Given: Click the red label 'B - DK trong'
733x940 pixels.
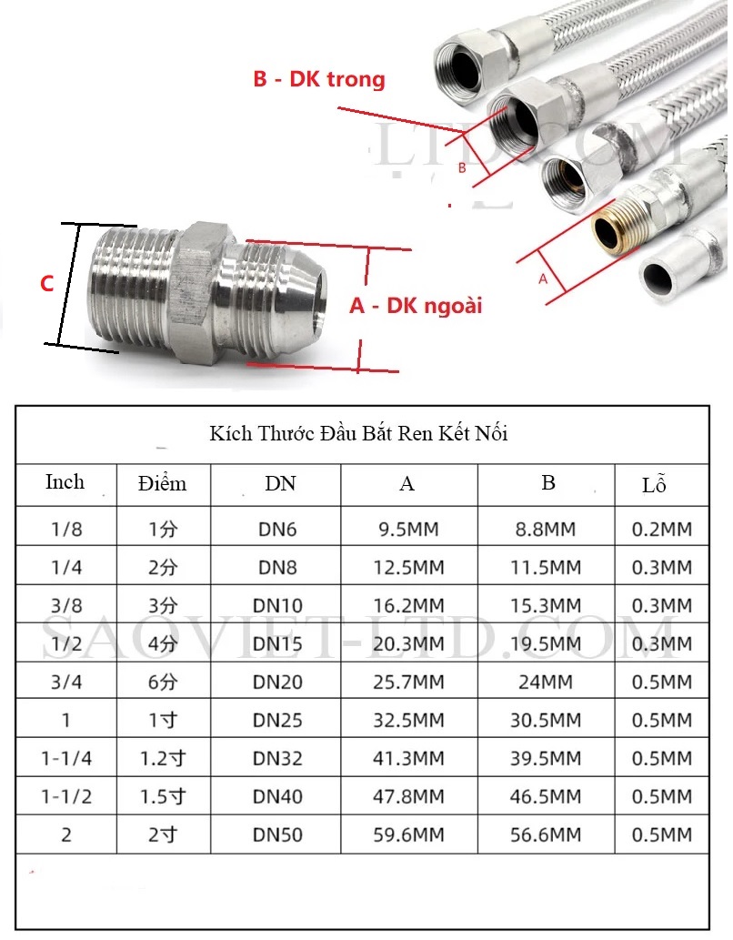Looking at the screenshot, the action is pos(319,79).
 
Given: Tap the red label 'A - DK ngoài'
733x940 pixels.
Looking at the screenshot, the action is pos(416,306).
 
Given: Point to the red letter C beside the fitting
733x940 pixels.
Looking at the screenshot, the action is pos(46,284).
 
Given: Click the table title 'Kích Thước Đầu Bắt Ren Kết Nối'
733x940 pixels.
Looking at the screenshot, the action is pos(358,433).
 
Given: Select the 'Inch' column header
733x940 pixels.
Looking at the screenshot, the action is pos(65,482).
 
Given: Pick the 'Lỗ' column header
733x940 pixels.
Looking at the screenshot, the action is pos(654,484).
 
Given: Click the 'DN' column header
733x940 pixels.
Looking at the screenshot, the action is pos(280,483).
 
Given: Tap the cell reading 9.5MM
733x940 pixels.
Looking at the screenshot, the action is pos(408,530).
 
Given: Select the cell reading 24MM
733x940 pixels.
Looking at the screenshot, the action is pos(546,682).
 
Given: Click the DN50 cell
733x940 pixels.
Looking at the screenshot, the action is pos(277,835).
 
